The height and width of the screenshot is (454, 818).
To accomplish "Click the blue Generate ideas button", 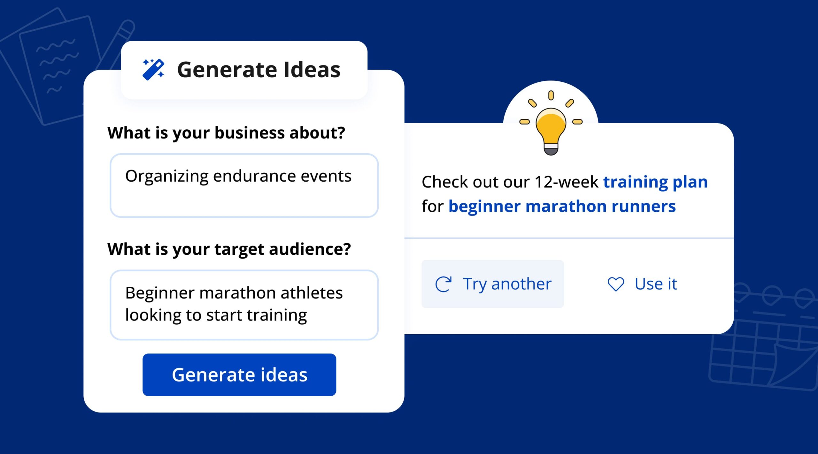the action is coord(239,375).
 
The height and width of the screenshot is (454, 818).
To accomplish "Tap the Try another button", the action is coord(492,284).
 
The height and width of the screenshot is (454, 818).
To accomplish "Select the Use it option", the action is coord(642,284).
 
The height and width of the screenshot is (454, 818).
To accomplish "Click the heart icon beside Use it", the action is coord(616,284).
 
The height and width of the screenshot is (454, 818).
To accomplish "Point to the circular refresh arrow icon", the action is coord(444,284).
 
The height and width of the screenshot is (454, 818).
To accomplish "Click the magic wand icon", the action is coord(153,69).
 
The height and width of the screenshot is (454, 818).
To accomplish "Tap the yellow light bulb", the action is coord(551,128).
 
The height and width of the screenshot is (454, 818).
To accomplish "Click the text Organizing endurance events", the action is coord(238,176).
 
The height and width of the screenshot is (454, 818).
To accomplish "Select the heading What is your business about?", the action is coord(226,133).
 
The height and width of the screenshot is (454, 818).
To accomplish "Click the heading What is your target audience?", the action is coord(229,249).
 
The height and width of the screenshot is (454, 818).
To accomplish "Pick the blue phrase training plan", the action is coord(655,182).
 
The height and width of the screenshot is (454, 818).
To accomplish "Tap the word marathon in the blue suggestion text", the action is coord(566,206).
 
